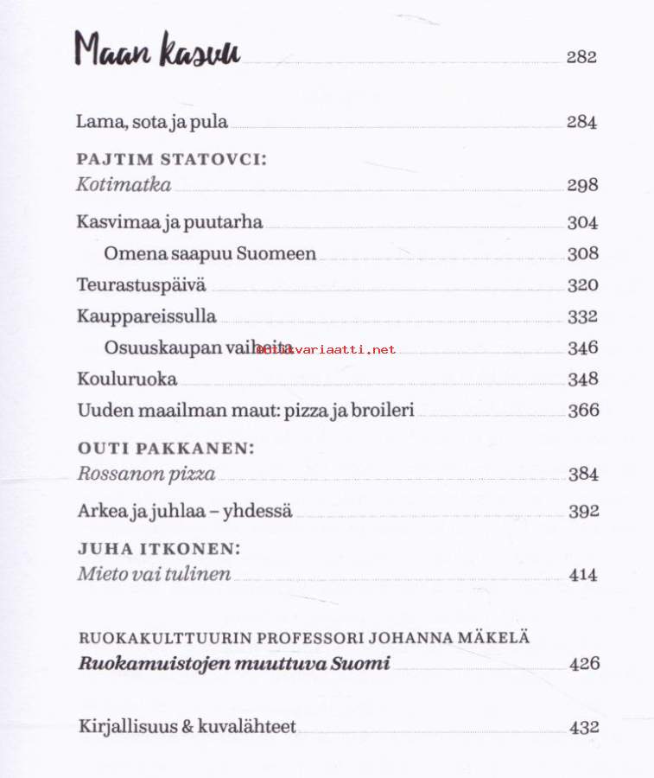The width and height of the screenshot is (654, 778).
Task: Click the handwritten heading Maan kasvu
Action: point(156,51)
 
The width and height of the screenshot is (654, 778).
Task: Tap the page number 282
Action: point(581,58)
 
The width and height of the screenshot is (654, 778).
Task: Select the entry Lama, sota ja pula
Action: point(152,122)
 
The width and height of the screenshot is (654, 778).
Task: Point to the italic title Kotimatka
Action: point(124,184)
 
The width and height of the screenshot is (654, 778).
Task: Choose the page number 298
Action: point(582,185)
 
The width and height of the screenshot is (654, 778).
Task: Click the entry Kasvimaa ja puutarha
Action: point(169,222)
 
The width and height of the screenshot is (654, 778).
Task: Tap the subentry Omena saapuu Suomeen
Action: point(210,254)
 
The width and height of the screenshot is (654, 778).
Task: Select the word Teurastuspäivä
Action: point(141,285)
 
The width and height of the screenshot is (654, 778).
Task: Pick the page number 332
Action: point(582,316)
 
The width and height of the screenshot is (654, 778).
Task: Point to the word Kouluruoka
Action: point(127,379)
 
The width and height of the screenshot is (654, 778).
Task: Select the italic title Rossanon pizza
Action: point(146,474)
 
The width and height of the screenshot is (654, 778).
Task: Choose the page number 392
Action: point(583,511)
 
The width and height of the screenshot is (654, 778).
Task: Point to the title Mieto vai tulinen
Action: point(154,574)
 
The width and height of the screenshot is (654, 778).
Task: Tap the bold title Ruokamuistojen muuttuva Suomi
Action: point(234,664)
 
